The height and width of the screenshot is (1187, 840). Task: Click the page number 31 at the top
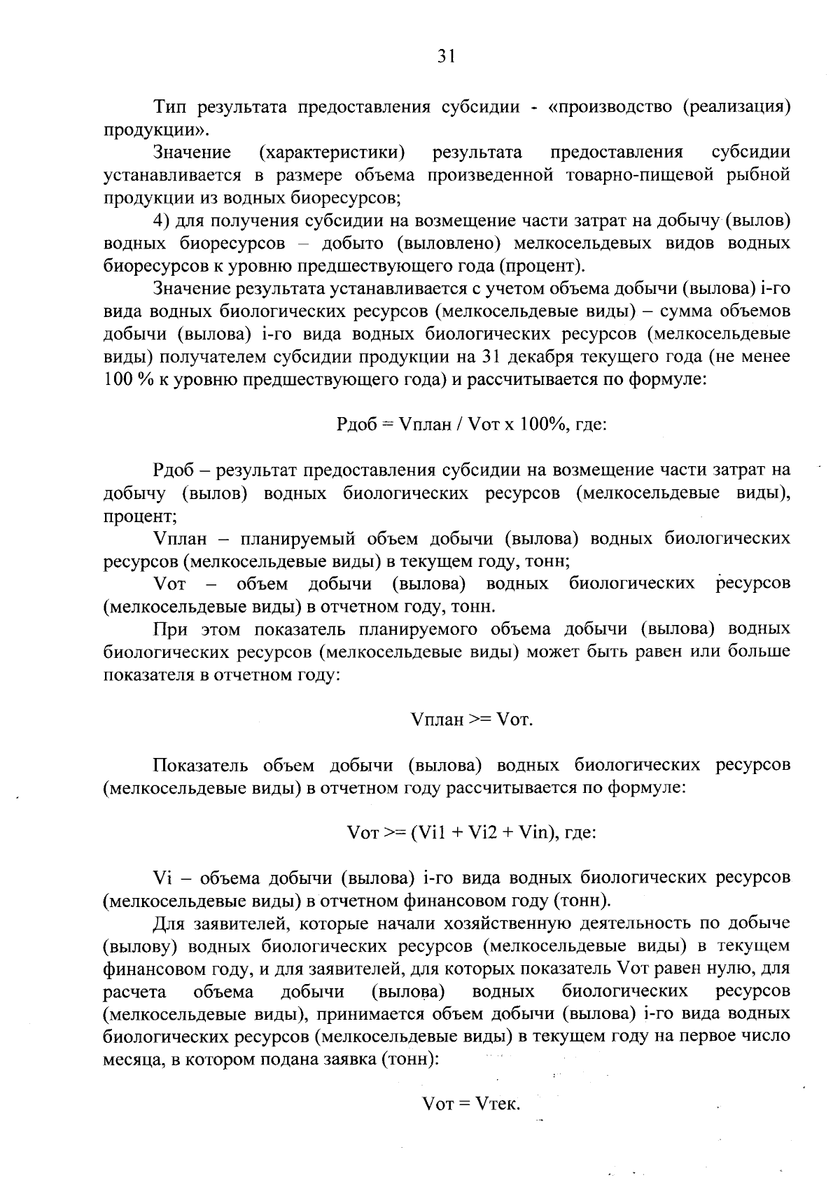point(447,57)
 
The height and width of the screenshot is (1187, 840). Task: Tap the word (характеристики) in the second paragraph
point(332,152)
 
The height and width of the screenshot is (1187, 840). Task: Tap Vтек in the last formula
point(498,1104)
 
